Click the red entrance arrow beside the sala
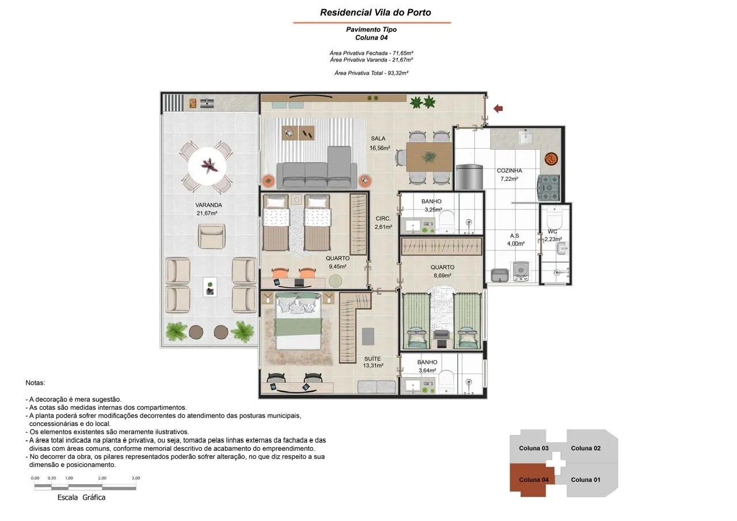pos(498,109)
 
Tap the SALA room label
pos(378,139)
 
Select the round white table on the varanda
pos(207,166)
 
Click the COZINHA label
pos(510,170)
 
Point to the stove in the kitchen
pos(549,188)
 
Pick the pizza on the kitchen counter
pos(551,159)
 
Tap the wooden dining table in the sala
pos(429,157)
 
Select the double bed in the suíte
pos(298,321)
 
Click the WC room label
pos(552,231)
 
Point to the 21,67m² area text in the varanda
pos(207,213)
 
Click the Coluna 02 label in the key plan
pos(586,448)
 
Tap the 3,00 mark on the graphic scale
pos(136,478)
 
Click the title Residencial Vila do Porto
pos(375,13)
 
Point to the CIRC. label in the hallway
pos(383,218)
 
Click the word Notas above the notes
pos(35,383)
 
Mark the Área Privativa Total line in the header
pos(371,73)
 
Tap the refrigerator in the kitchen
pos(469,177)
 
